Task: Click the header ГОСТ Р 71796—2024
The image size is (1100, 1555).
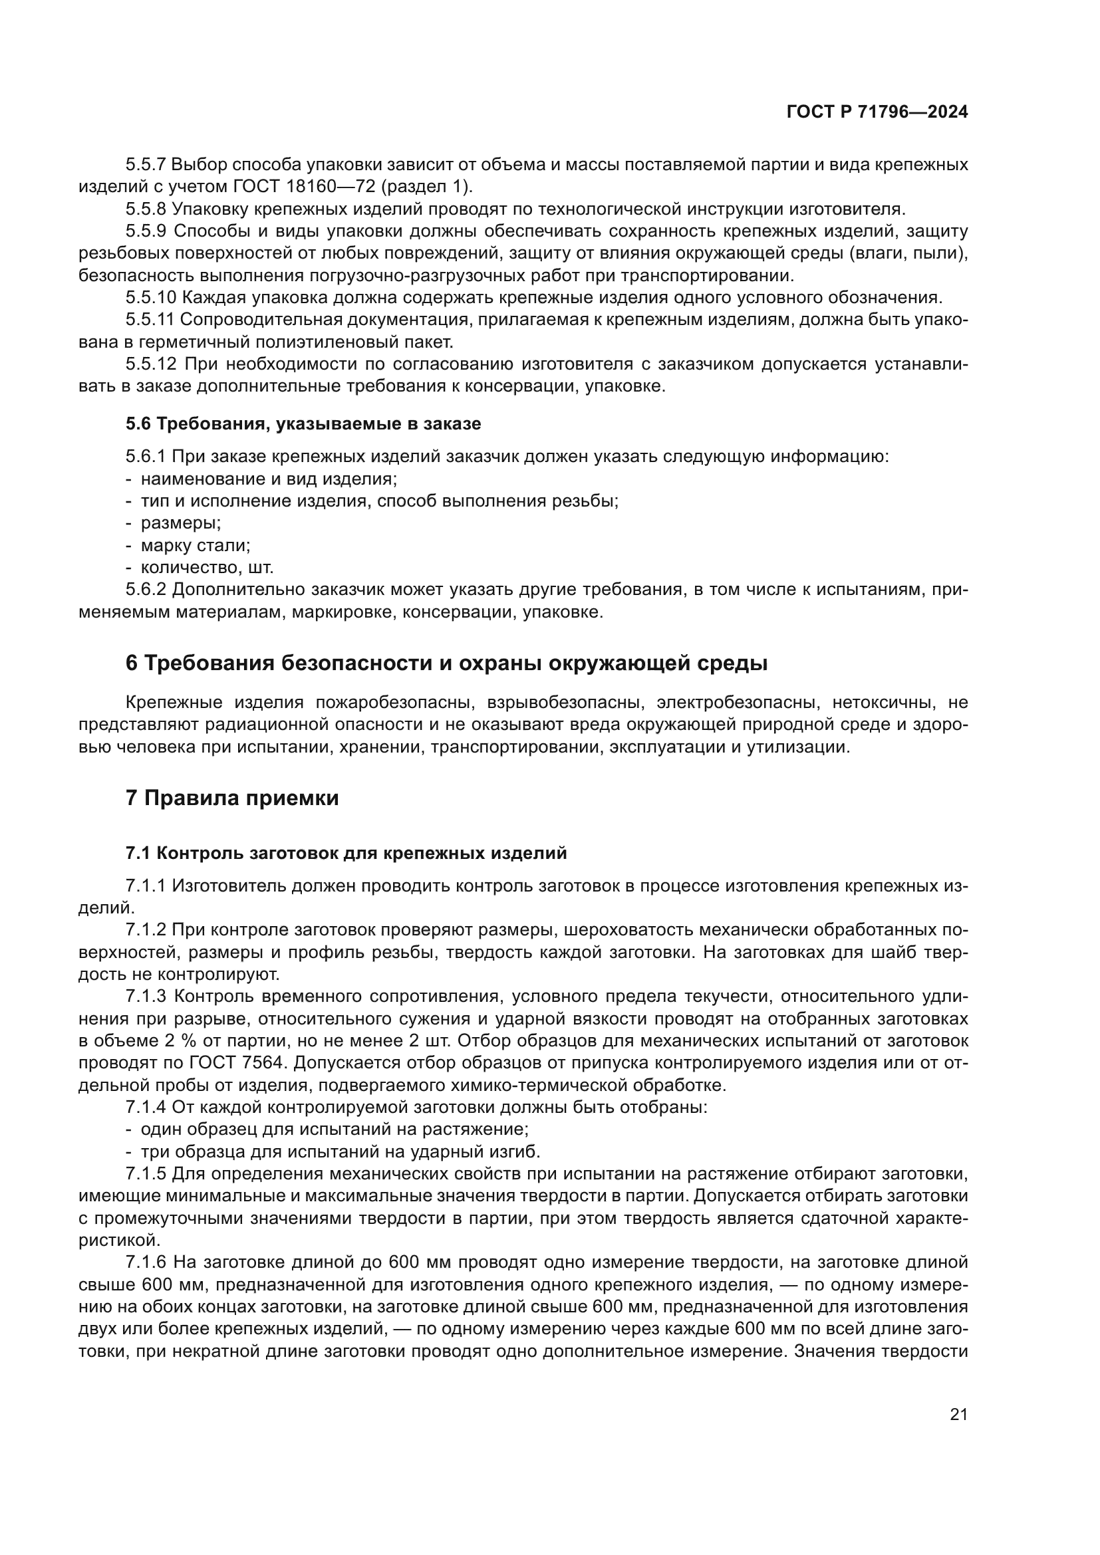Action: point(877,112)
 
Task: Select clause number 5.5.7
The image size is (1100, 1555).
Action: point(145,165)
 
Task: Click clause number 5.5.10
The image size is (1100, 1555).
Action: point(150,297)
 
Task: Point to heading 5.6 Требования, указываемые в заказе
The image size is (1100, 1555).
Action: point(303,424)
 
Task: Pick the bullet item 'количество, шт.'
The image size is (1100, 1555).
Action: point(207,568)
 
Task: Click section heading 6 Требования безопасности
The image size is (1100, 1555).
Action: point(446,663)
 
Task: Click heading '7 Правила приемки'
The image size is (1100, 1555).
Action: point(231,798)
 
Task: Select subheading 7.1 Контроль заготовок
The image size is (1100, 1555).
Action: point(345,854)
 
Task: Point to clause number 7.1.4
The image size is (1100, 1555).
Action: point(145,1108)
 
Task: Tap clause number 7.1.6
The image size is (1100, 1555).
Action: point(145,1262)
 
